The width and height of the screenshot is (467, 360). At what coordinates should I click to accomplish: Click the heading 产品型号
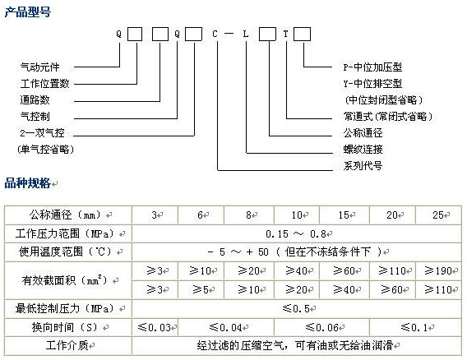pyautogui.click(x=28, y=12)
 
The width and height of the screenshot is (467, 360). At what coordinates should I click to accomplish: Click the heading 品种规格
pyautogui.click(x=27, y=182)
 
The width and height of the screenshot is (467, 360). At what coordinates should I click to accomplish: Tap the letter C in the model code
pyautogui.click(x=215, y=34)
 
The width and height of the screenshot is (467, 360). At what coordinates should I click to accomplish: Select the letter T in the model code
pyautogui.click(x=285, y=34)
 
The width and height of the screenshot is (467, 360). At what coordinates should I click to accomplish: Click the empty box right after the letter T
pyautogui.click(x=302, y=34)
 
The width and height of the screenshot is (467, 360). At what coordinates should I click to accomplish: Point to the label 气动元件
pyautogui.click(x=40, y=67)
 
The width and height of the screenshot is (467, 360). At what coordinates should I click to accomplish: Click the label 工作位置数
pyautogui.click(x=44, y=83)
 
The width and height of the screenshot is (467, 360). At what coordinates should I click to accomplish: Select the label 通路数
pyautogui.click(x=35, y=99)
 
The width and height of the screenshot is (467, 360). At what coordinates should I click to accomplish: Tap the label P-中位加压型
pyautogui.click(x=372, y=67)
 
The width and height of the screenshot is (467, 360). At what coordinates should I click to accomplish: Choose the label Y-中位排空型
pyautogui.click(x=372, y=83)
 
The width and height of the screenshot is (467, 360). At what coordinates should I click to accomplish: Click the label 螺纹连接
pyautogui.click(x=363, y=150)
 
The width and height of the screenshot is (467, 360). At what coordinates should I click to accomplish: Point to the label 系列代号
pyautogui.click(x=363, y=165)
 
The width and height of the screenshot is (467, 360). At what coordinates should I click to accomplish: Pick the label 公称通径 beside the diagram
pyautogui.click(x=363, y=133)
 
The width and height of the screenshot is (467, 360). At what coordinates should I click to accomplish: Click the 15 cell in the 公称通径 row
pyautogui.click(x=344, y=215)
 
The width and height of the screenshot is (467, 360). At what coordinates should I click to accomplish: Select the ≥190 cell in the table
pyautogui.click(x=438, y=270)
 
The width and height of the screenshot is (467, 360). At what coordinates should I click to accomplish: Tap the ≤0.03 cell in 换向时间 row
pyautogui.click(x=155, y=328)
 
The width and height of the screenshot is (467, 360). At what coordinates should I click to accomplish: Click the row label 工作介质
pyautogui.click(x=67, y=345)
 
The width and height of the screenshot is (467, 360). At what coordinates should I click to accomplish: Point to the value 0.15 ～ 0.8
pyautogui.click(x=296, y=233)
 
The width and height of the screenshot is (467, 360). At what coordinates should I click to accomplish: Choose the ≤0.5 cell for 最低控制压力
pyautogui.click(x=296, y=308)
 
